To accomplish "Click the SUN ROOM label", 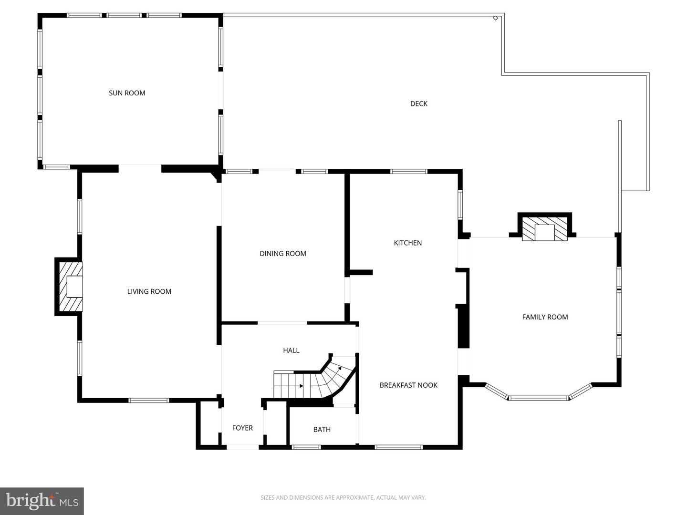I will (127, 93).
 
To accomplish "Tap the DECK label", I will (419, 103).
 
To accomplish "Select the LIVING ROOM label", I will (149, 291).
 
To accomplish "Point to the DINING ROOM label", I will (283, 254).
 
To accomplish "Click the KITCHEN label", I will (408, 243).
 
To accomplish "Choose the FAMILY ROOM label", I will (545, 317).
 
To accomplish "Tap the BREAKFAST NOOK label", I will (408, 385).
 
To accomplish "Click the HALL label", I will (291, 350).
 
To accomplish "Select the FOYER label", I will (242, 428).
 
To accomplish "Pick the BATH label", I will (322, 430).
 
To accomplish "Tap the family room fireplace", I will (544, 230).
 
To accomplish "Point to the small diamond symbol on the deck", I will (495, 18).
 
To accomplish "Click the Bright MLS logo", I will (42, 501).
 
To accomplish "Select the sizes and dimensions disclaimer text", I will (343, 498).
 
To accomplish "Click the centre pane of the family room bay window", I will (539, 397).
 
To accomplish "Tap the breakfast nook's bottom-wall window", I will (399, 447).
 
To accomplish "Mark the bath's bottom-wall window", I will (306, 447).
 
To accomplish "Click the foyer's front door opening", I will (242, 447).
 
